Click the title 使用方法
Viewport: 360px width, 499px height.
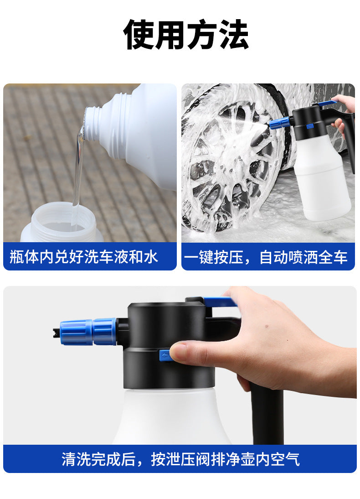186,34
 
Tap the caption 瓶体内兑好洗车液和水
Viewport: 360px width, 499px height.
84,257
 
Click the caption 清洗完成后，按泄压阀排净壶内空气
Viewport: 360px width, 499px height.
180,459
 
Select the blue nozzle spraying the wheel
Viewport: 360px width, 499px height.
279,123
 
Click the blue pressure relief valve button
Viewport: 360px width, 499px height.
165,355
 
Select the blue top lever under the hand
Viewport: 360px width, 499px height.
220,301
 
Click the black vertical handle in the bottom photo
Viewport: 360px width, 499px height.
267,414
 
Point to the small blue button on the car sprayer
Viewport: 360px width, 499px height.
309,126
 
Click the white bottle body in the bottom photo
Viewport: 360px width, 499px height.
172,417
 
